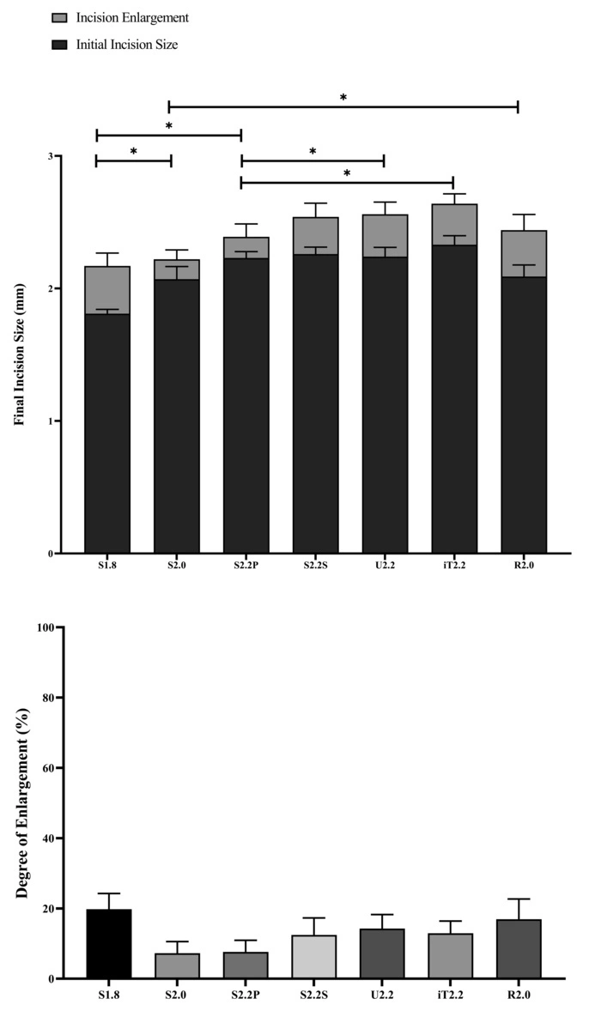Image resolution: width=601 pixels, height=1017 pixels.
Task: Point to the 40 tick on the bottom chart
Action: pos(45,838)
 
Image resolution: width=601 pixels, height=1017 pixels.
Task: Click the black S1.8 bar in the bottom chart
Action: pos(108,944)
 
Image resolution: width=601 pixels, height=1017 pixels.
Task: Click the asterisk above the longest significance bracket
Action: pos(343,97)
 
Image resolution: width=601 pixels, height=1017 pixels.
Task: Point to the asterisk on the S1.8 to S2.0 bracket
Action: pos(133,151)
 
